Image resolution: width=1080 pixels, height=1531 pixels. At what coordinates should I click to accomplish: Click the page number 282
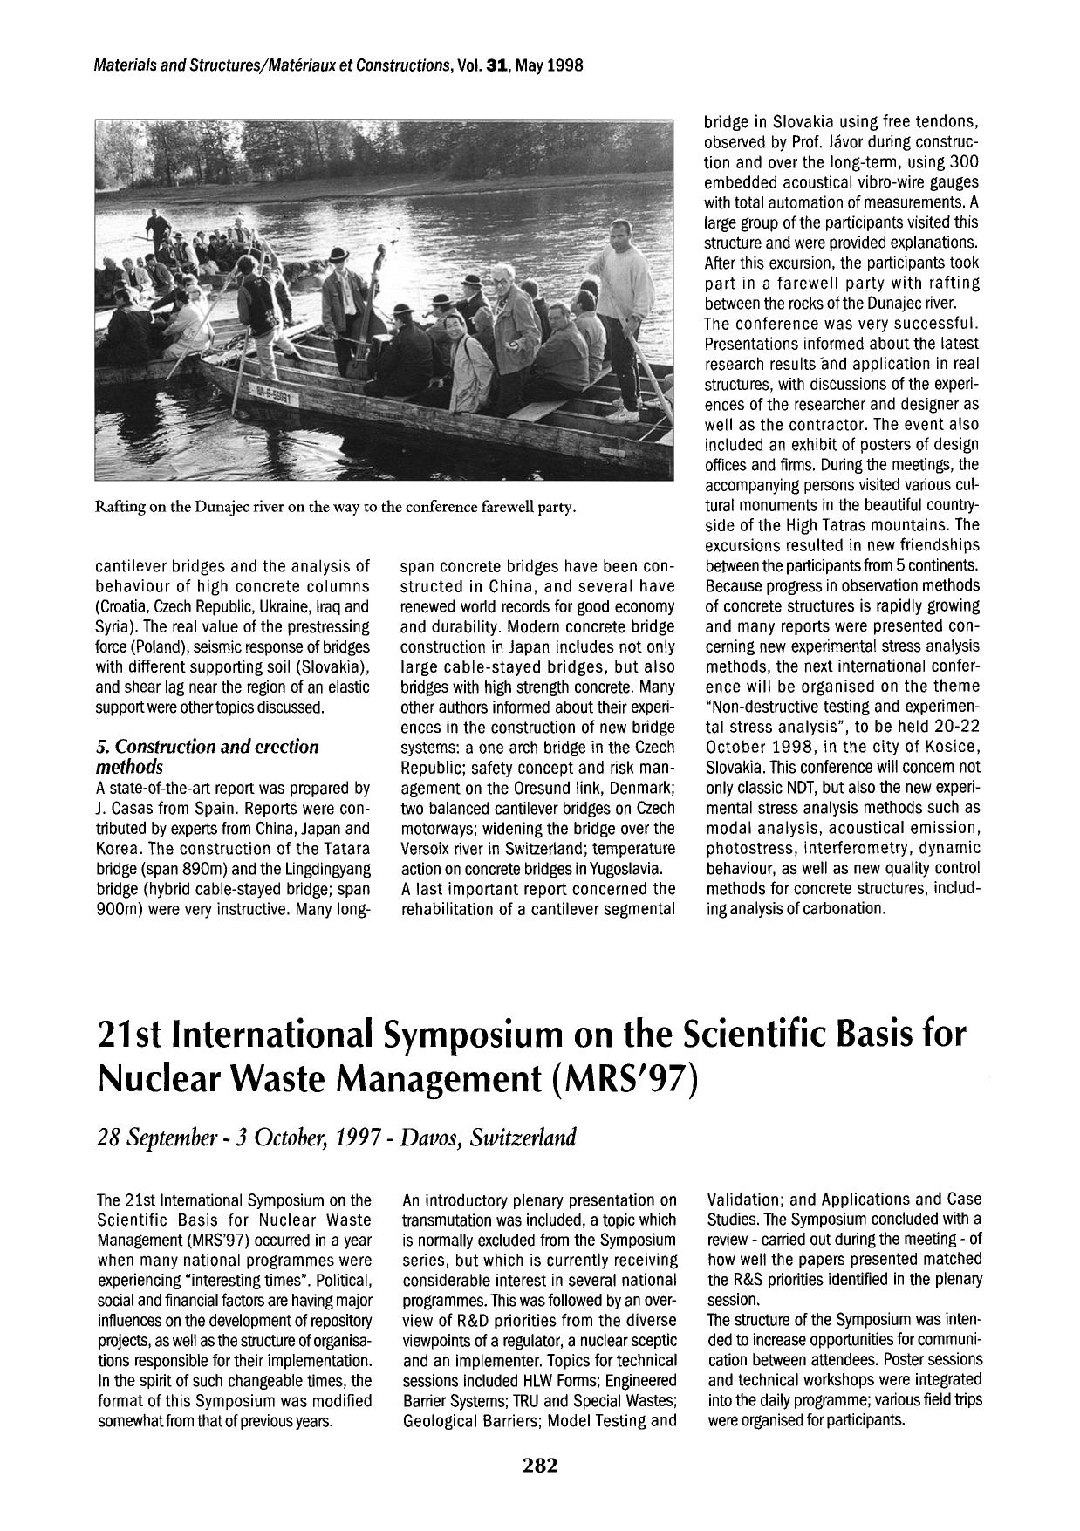540,1465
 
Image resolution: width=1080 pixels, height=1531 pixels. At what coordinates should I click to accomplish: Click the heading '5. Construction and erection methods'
207,756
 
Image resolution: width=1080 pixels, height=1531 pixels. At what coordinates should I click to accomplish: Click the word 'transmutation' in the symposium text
445,1220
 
